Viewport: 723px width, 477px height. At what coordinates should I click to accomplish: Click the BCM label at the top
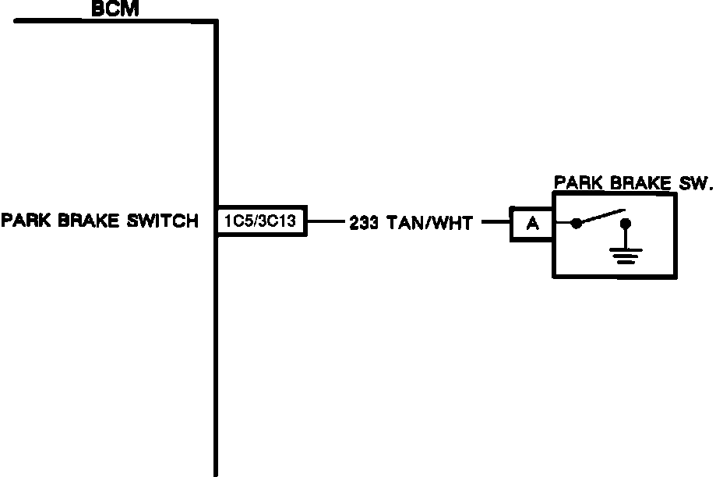(115, 9)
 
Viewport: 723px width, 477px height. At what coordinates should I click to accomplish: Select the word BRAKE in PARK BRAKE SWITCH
(86, 221)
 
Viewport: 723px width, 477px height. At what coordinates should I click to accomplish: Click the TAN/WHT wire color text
(429, 224)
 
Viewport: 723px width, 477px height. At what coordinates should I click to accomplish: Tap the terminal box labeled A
(532, 224)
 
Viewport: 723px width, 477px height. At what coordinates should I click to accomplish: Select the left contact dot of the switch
(576, 224)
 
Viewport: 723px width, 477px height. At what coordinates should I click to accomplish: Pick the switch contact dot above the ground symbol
(626, 224)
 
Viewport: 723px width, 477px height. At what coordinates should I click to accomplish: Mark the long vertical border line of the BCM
(216, 351)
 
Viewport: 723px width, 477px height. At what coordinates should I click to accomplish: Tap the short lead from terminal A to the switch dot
(563, 224)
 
